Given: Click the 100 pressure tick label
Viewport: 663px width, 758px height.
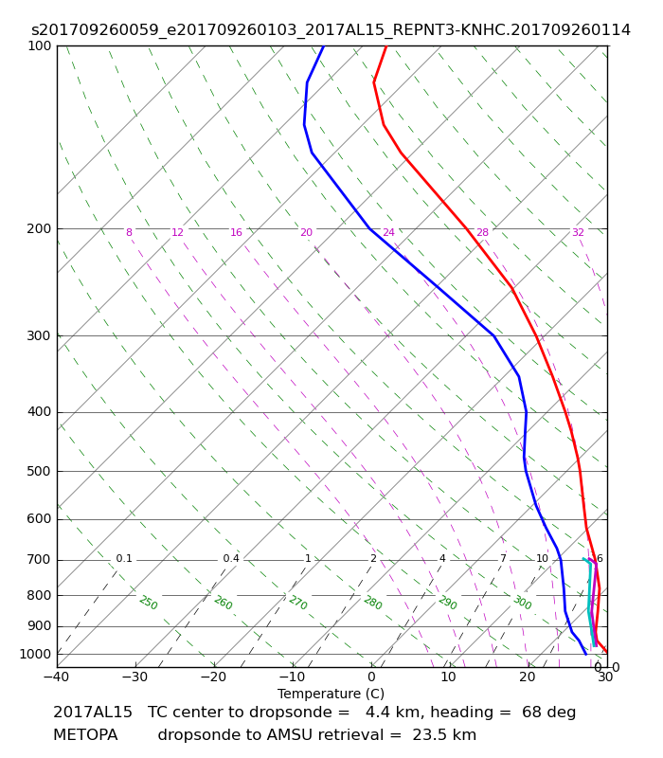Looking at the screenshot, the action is click(x=39, y=45).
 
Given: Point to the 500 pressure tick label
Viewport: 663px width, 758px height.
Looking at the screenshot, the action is click(x=39, y=471).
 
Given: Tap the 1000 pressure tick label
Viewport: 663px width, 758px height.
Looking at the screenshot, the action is click(x=35, y=654).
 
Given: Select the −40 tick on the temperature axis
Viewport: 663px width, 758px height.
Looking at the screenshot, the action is click(x=56, y=677).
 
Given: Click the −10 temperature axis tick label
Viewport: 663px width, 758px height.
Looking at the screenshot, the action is click(x=293, y=677).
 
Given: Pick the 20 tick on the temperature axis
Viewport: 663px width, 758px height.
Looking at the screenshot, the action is click(x=528, y=677).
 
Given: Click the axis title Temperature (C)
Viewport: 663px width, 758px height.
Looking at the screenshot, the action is click(x=331, y=694).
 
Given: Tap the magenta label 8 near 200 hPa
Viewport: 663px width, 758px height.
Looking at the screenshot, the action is click(x=129, y=232).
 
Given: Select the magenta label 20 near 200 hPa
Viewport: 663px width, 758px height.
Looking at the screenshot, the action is click(x=306, y=232).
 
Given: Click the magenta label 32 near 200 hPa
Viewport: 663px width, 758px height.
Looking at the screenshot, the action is click(x=578, y=232).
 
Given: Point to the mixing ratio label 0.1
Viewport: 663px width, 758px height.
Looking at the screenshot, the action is click(x=124, y=558).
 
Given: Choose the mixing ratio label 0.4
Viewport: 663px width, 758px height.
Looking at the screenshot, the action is click(x=231, y=558).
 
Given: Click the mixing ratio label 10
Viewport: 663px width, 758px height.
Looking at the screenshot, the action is click(x=542, y=558).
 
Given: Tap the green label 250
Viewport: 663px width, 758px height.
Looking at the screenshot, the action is click(x=149, y=603).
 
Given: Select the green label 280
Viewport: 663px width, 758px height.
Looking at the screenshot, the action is click(x=373, y=603).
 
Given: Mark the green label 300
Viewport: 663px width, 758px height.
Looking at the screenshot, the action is click(x=523, y=603).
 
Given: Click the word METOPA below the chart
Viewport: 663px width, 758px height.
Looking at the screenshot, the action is click(x=85, y=735).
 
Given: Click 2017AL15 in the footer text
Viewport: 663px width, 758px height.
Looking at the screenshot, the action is click(x=93, y=713).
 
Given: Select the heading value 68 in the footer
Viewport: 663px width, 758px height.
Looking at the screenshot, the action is click(x=529, y=713).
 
